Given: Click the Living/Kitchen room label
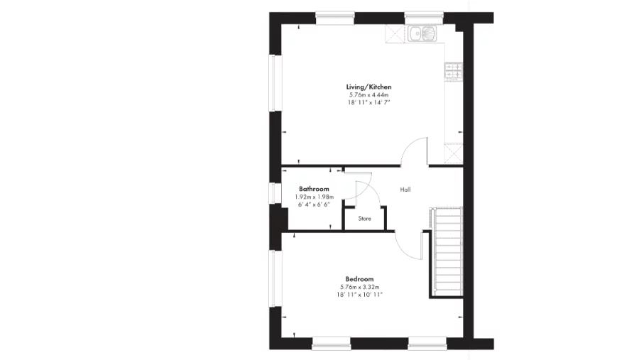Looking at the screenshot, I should [x=369, y=87].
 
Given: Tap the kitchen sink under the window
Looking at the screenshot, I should [x=423, y=33].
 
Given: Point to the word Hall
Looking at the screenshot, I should [x=405, y=190].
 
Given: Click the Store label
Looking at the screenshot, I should [x=364, y=219].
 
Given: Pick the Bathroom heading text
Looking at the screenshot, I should [x=314, y=189].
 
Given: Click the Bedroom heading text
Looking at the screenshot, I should [x=359, y=279].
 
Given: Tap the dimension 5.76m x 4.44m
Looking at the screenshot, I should [x=369, y=94].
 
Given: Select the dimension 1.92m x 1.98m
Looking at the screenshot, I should [x=314, y=197].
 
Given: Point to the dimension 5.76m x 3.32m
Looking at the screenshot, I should [x=360, y=287].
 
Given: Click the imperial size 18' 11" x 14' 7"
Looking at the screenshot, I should [x=369, y=102].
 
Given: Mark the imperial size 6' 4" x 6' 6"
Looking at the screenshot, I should [x=314, y=204].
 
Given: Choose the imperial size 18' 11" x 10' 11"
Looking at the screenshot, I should [x=360, y=295].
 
